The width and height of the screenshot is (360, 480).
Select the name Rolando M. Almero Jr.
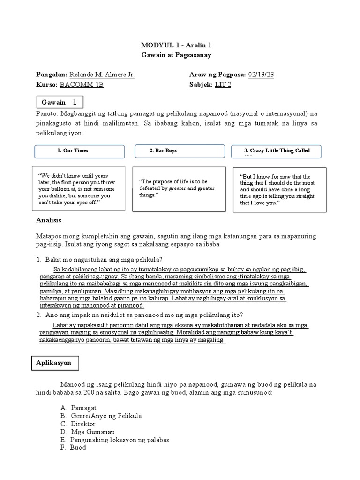(x=102, y=75)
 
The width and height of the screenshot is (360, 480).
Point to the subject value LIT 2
(x=223, y=85)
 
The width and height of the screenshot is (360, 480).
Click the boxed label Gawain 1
(x=60, y=102)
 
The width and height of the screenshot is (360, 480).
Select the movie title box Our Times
(x=80, y=151)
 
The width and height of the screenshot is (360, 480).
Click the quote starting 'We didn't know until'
(x=78, y=189)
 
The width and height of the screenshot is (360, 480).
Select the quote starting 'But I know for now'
(x=278, y=189)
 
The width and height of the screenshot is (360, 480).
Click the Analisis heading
(x=49, y=220)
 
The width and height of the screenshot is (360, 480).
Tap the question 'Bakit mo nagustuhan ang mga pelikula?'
(x=102, y=260)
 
